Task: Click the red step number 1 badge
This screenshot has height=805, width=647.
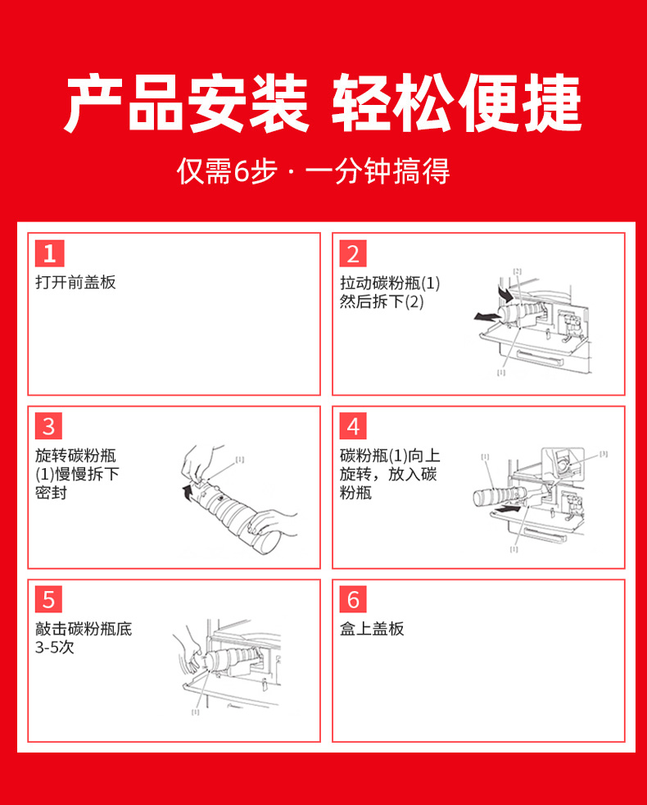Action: pos(50,253)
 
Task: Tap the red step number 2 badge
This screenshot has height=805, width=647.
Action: pos(353,253)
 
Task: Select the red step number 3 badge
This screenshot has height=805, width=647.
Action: pos(49,426)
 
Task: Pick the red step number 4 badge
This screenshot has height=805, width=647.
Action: pos(353,426)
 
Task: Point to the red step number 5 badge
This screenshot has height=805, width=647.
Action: pos(49,599)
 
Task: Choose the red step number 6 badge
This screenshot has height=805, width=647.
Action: pos(353,599)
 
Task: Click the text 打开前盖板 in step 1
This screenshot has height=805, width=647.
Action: pos(75,282)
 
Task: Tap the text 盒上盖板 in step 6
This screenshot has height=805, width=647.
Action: pos(372,629)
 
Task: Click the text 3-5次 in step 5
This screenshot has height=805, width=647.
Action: pos(55,647)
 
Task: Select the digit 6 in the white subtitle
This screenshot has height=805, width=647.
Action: pos(241,171)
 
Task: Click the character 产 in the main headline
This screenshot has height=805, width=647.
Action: pos(93,103)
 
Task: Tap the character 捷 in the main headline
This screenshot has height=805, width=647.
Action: pos(552,103)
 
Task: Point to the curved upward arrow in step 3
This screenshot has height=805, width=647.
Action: pos(188,493)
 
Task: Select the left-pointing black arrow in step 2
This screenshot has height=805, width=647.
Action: pos(486,317)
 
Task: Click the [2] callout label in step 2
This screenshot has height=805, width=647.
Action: pos(517,271)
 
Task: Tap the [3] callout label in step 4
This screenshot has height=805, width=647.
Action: pos(604,453)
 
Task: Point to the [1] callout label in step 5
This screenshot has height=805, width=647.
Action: pos(196,712)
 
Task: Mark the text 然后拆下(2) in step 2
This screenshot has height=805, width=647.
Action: pos(382,302)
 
